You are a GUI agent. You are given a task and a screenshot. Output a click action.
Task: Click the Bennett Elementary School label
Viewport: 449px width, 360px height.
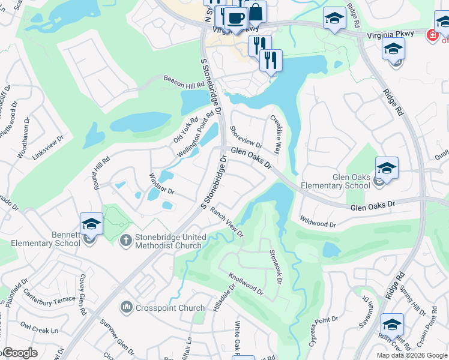(x=46, y=239)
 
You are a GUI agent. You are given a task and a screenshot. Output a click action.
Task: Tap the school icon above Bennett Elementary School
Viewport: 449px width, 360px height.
(x=91, y=223)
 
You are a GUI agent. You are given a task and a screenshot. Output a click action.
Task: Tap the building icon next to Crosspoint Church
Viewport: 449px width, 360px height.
(x=126, y=308)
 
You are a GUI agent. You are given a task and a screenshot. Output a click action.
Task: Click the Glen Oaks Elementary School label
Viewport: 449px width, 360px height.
(x=351, y=181)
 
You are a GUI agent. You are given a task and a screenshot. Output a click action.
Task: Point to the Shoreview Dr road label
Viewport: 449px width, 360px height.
(x=246, y=140)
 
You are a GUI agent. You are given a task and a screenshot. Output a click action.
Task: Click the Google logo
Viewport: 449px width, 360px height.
(x=20, y=353)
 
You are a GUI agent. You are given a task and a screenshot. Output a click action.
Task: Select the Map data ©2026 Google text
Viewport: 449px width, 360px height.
(x=412, y=355)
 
